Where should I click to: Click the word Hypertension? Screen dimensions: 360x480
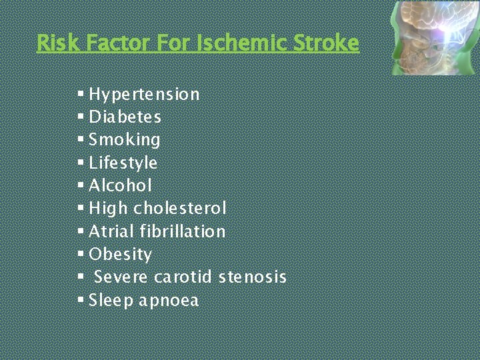144,95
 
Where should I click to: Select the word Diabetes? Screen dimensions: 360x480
125,117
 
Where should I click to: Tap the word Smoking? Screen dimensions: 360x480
125,140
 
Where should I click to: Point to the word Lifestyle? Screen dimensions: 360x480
123,163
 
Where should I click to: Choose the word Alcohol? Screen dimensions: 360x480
121,185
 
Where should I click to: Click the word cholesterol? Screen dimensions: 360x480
180,209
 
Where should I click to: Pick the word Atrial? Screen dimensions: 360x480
111,231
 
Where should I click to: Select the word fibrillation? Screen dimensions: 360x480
183,231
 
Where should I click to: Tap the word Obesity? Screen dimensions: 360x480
120,255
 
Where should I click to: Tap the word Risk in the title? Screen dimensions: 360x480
52,43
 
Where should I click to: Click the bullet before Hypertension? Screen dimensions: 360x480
81,93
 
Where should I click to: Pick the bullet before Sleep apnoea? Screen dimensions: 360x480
81,299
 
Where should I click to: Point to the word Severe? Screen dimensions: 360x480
121,277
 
